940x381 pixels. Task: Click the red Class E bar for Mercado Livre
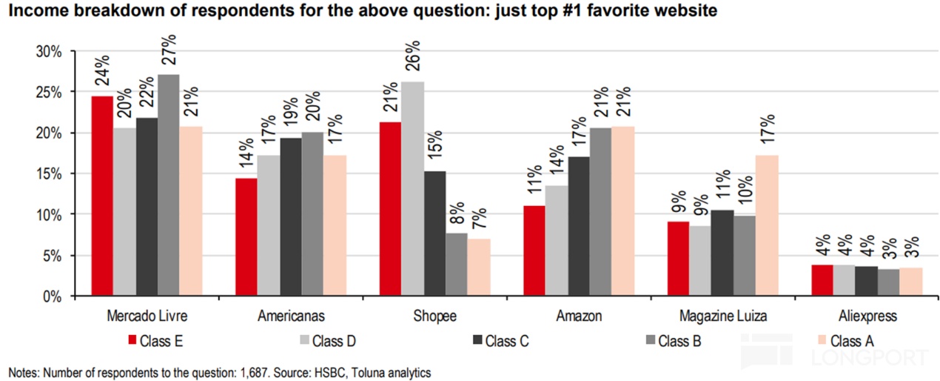[102, 196]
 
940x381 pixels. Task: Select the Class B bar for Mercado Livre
[168, 185]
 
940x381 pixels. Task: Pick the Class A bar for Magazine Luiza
[767, 226]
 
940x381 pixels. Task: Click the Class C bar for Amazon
[578, 227]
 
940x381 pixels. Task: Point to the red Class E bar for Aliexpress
[822, 281]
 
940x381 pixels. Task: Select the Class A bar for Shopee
[478, 268]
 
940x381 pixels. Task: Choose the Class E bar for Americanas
[246, 237]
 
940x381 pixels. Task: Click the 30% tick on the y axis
[48, 51]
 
